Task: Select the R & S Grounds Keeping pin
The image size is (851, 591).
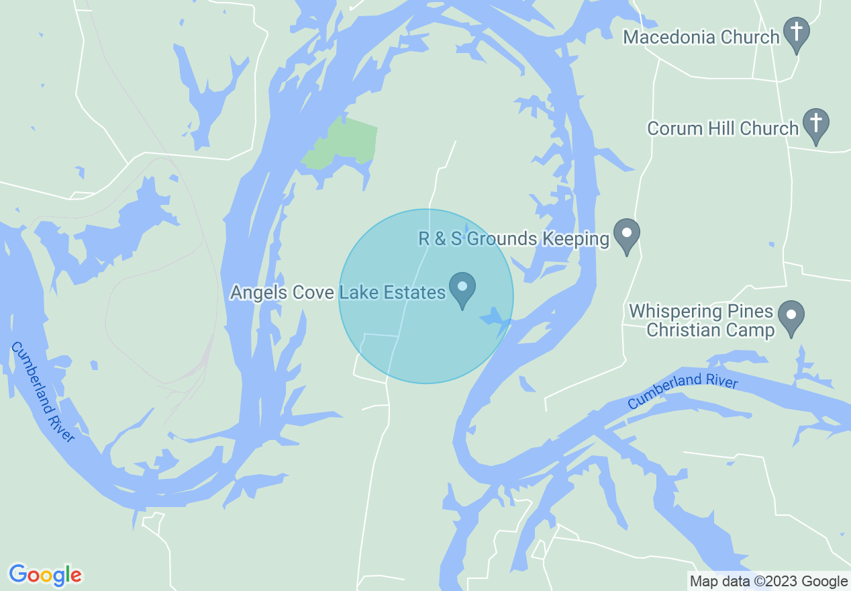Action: coord(627,236)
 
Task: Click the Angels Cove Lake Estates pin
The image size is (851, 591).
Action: coord(462,289)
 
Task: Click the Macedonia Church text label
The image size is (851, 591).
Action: coord(701,37)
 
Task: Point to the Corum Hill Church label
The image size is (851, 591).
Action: coord(723,128)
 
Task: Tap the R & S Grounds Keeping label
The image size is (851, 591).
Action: coord(514,238)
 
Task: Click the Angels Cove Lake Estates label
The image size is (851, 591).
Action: coord(338,292)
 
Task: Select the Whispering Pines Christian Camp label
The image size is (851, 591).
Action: coord(701,321)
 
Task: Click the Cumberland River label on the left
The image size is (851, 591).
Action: coord(43,392)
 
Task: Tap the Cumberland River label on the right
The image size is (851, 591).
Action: coord(683,392)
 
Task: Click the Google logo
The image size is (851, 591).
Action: coord(45,576)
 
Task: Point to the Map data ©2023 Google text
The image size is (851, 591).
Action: coord(769,581)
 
